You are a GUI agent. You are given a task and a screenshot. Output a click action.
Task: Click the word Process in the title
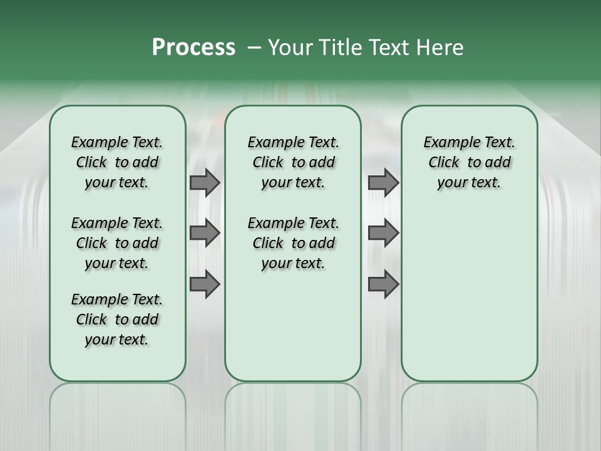[193, 48]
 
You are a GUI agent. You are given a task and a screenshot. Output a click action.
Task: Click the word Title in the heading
[336, 48]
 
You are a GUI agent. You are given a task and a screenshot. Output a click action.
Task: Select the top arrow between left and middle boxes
[204, 182]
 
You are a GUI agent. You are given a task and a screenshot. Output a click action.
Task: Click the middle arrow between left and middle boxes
[204, 233]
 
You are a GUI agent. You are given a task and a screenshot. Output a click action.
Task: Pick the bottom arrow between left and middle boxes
[204, 284]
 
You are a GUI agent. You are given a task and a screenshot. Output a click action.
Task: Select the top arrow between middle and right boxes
[383, 182]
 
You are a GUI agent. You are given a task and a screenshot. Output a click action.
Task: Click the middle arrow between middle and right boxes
[383, 233]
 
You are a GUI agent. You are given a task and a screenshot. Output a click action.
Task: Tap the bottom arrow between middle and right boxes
[383, 284]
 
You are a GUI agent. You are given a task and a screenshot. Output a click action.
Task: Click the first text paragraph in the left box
[117, 162]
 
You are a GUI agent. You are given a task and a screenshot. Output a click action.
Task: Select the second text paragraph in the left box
[117, 243]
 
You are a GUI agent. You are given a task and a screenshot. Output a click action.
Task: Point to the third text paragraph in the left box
[117, 319]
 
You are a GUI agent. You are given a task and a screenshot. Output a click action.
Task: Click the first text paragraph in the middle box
[293, 162]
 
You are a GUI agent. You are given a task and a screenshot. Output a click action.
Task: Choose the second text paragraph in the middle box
[293, 243]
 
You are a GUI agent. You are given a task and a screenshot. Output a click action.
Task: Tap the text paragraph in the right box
[469, 162]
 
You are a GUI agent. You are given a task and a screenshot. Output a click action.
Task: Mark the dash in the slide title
[254, 48]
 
